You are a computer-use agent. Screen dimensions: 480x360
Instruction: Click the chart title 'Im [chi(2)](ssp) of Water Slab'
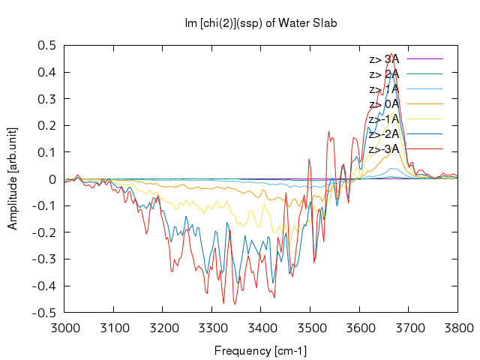(261, 23)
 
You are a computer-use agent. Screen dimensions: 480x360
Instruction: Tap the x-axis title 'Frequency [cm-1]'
(260, 351)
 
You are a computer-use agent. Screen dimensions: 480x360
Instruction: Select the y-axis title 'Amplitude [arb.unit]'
(13, 178)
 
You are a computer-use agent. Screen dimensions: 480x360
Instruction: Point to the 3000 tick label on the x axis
(64, 328)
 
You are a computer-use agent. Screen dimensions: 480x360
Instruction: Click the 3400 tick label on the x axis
(261, 328)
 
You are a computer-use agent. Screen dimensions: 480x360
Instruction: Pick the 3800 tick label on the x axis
(458, 328)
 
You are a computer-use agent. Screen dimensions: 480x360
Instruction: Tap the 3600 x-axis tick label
(359, 328)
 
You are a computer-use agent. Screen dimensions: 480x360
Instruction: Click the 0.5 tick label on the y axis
(46, 46)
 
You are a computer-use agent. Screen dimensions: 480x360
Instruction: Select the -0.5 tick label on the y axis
(44, 313)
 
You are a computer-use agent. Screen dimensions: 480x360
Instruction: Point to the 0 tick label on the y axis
(52, 179)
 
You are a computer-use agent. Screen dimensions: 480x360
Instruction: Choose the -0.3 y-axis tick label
(44, 259)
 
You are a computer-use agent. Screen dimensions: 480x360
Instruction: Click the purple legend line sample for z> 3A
(424, 58)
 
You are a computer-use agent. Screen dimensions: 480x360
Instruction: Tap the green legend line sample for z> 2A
(424, 73)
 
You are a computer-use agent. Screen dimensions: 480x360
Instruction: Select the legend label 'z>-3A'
(384, 149)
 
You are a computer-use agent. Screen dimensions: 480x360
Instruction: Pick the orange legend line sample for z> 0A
(424, 103)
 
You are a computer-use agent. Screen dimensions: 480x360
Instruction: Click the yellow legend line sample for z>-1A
(424, 118)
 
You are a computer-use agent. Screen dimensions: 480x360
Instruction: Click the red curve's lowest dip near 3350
(235, 304)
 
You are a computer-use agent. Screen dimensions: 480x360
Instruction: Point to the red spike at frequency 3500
(309, 159)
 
